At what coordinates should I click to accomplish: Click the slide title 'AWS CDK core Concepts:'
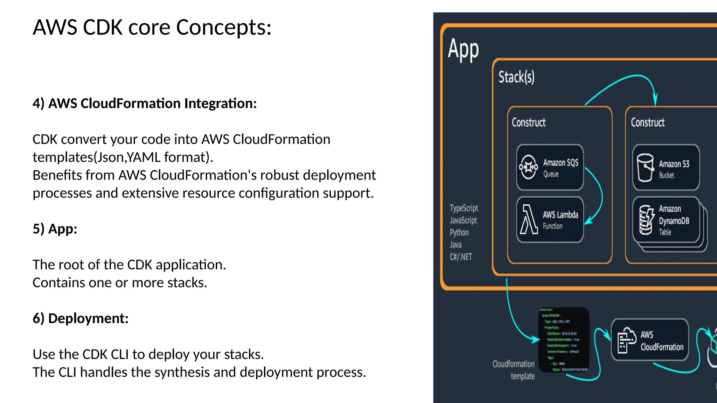152,27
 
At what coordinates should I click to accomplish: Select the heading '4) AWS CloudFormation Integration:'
145,104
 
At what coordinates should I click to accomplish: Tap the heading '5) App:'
55,229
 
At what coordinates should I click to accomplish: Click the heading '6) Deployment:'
81,318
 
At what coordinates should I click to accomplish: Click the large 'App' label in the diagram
463,49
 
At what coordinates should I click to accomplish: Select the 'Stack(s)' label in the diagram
516,77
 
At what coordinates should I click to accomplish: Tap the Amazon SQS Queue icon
528,167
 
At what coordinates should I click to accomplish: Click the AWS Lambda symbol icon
528,220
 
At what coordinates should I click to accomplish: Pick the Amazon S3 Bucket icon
645,168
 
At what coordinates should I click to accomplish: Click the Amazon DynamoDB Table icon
646,220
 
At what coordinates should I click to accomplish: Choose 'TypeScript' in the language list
464,208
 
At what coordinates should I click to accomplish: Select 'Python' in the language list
459,233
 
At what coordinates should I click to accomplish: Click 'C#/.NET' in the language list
461,257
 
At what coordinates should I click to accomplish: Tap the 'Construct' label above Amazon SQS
528,122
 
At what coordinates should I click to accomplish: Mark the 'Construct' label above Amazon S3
647,122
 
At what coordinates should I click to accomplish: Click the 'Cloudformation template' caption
514,370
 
